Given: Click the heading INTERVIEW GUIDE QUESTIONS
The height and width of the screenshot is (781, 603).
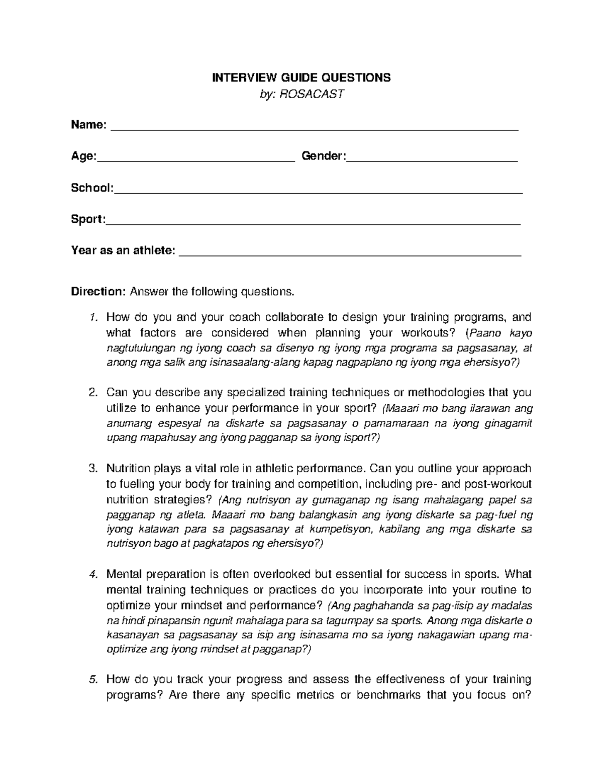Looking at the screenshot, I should coord(301,77).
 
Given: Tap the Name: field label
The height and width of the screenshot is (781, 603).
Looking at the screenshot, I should coord(88,125).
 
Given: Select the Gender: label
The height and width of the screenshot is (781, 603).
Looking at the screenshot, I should coord(324,156).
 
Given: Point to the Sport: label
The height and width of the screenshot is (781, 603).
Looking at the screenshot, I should coord(88,219).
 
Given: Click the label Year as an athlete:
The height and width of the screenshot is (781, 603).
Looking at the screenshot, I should coord(124,250).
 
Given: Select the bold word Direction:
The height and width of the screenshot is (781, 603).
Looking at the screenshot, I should coord(98,292).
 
